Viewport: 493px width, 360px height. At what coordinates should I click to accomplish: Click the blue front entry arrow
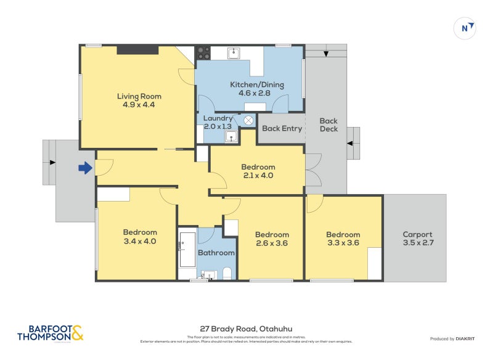[85, 167]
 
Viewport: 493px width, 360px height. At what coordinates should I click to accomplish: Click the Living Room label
[139, 100]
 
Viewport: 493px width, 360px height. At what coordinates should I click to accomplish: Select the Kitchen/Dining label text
[250, 89]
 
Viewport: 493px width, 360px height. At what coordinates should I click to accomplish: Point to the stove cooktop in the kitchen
[203, 53]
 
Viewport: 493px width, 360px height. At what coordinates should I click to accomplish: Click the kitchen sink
[234, 53]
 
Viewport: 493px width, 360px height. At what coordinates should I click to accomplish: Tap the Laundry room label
[218, 122]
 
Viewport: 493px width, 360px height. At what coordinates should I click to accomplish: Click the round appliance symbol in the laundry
[249, 121]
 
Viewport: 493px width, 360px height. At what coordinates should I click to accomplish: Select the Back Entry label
[282, 129]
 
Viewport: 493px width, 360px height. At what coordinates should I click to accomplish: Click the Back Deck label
[328, 125]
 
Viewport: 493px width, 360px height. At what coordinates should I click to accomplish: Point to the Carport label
[417, 239]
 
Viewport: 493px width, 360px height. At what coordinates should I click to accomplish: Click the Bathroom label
[216, 253]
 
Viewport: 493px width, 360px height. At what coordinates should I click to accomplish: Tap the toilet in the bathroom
[226, 272]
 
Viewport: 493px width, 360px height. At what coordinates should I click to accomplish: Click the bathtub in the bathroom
[187, 250]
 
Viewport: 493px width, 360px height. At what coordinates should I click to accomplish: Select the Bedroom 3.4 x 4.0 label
[140, 237]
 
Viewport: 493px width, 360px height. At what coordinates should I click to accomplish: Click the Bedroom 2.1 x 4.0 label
[258, 171]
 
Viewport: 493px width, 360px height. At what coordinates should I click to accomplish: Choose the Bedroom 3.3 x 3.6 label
[343, 239]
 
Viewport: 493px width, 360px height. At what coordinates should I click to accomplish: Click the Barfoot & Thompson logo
[50, 333]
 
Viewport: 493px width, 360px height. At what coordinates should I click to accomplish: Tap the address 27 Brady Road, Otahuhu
[246, 329]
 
